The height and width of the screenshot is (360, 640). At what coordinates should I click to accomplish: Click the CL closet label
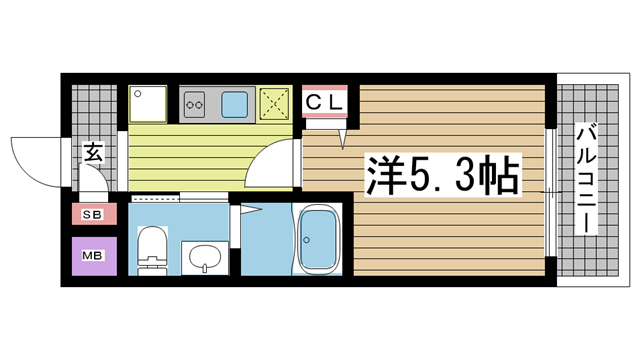click(x=324, y=101)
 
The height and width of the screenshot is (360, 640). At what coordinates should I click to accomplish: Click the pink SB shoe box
click(x=93, y=215)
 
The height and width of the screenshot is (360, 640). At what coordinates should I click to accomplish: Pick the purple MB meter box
click(x=93, y=255)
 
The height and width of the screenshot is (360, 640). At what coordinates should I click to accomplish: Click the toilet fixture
click(x=153, y=250)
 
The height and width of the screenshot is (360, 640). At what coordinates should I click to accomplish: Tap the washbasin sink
click(x=203, y=257)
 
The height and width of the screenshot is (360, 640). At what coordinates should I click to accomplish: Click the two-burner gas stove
click(x=195, y=101)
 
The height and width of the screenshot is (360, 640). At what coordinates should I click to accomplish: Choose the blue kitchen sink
click(x=237, y=102)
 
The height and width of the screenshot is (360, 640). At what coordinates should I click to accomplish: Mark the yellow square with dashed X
click(x=274, y=102)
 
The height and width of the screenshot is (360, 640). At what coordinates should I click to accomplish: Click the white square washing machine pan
click(x=149, y=103)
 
